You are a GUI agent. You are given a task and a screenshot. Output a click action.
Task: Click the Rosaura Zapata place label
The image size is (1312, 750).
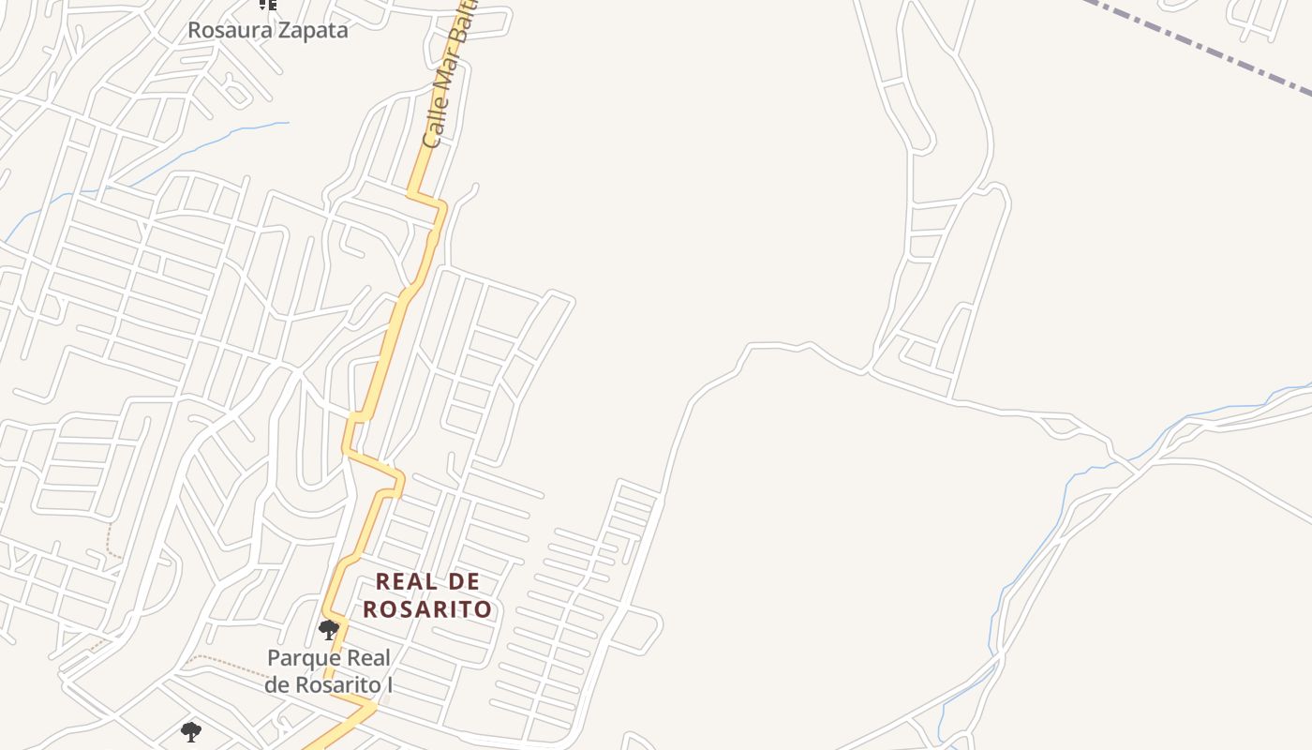267,30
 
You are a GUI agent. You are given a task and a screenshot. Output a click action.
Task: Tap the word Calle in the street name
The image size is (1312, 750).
433,121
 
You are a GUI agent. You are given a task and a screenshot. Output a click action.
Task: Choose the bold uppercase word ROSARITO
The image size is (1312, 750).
427,609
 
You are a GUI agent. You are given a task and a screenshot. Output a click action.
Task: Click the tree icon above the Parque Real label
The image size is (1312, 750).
328,629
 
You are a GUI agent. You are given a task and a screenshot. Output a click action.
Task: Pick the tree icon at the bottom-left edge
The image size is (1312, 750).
190,732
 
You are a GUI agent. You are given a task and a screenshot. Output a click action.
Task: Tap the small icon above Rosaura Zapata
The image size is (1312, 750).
268,5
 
